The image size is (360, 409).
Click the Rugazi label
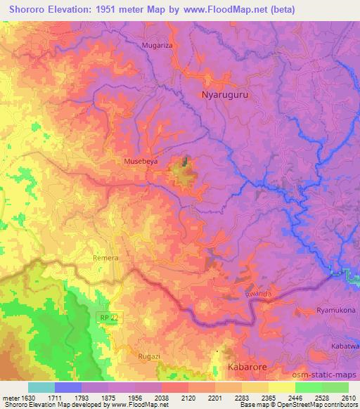point(148,356)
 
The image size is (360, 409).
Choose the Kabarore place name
point(247,367)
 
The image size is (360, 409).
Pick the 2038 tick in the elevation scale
point(161,398)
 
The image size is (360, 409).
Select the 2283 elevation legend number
point(241,398)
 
